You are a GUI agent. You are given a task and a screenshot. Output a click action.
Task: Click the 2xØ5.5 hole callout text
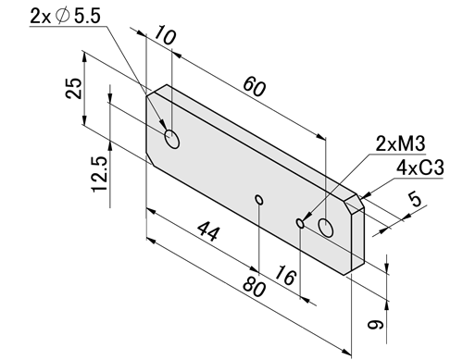point(66,16)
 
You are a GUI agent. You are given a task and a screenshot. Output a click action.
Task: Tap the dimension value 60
point(254,87)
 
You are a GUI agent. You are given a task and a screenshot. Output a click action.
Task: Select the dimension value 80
point(254,287)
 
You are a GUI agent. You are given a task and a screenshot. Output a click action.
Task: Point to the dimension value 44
point(209,230)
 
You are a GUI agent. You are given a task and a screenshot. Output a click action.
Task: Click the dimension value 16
point(285,275)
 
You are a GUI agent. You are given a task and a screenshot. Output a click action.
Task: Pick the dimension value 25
point(74,88)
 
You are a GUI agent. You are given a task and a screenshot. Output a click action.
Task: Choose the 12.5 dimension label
point(100,174)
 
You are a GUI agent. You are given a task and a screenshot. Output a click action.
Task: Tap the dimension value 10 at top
point(165,35)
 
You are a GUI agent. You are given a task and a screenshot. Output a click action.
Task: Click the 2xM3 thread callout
point(400,143)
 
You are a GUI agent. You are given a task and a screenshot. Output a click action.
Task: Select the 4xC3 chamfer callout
point(420,168)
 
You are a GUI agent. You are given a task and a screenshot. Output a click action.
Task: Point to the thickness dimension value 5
point(416,199)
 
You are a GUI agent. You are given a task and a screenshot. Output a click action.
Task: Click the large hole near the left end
point(172,139)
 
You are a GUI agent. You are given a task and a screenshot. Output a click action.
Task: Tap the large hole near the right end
point(325,228)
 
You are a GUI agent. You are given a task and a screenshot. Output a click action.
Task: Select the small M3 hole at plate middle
point(259,200)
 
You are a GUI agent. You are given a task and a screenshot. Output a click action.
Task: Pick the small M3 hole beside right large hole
point(300,223)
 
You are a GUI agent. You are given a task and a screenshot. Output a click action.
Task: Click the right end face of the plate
point(358,241)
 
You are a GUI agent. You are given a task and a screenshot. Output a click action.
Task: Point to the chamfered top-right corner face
point(355,204)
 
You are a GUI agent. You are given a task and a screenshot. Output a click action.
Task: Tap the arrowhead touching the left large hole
point(162,125)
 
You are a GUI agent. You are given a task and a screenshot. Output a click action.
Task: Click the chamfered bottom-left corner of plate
point(150,159)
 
